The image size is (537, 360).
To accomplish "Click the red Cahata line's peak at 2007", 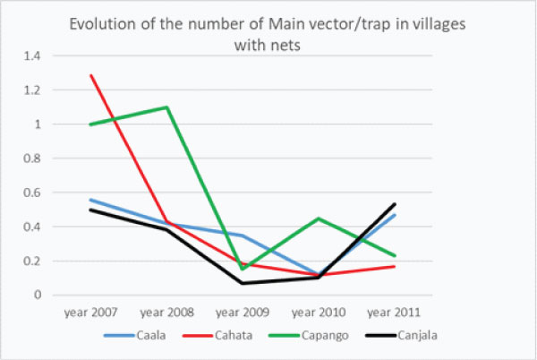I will click(x=90, y=75).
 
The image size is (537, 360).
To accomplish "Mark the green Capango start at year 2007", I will click(x=90, y=124).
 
